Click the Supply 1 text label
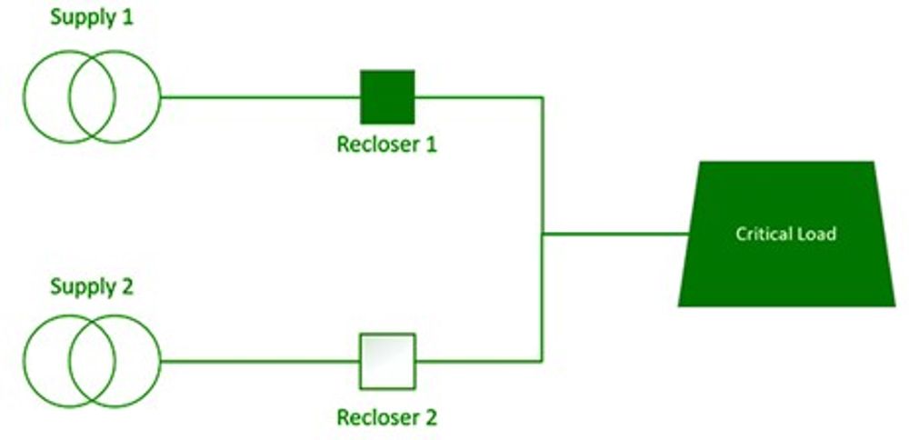pos(92,19)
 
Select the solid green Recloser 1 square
pos(387,96)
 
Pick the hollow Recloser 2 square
pos(387,361)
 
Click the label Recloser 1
pos(386,145)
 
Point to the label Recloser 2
pos(386,418)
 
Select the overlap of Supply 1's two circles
pos(92,96)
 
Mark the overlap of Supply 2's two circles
pos(92,361)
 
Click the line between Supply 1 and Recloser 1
pos(260,96)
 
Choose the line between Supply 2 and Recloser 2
pos(260,361)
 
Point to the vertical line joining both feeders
pos(543,164)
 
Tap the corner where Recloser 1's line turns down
pos(543,96)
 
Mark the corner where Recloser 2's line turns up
pos(543,361)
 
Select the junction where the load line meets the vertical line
pos(543,234)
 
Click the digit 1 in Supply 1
pos(128,19)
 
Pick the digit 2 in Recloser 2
pos(430,418)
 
